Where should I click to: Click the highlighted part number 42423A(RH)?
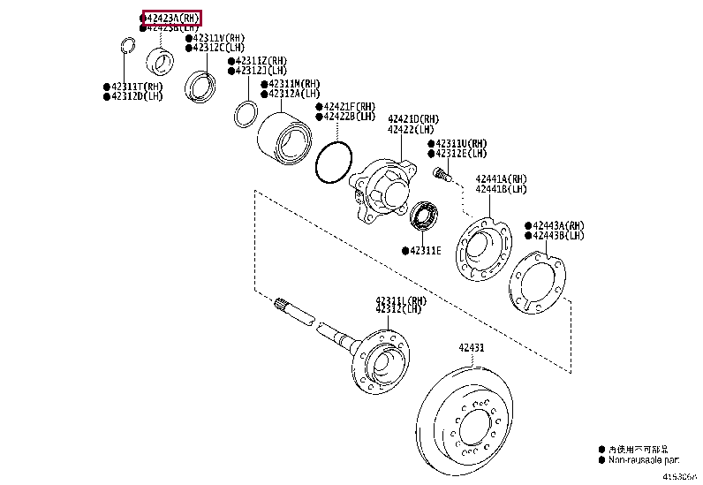(172, 17)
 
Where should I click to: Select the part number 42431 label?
(471, 347)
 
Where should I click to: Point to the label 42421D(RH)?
(412, 118)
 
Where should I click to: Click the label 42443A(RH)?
(558, 225)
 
